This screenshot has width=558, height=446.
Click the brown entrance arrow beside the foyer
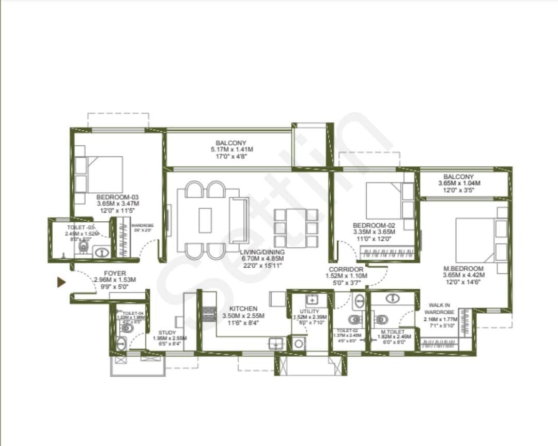pyautogui.click(x=61, y=282)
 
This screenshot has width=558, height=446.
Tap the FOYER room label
pyautogui.click(x=114, y=273)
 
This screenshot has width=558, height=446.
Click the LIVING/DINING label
pyautogui.click(x=262, y=252)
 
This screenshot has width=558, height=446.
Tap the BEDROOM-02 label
pyautogui.click(x=374, y=225)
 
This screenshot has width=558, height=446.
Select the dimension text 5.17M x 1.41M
pyautogui.click(x=231, y=150)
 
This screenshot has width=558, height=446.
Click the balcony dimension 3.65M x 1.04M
pyautogui.click(x=459, y=183)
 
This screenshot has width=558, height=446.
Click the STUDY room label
pyautogui.click(x=167, y=332)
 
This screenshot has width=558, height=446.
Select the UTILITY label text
pyautogui.click(x=309, y=312)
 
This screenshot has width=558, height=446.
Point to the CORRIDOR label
pyautogui.click(x=346, y=269)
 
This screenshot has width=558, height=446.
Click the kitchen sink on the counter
pyautogui.click(x=275, y=344)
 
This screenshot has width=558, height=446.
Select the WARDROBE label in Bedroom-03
pyautogui.click(x=141, y=226)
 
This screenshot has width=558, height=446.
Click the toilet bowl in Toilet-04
pyautogui.click(x=128, y=328)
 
